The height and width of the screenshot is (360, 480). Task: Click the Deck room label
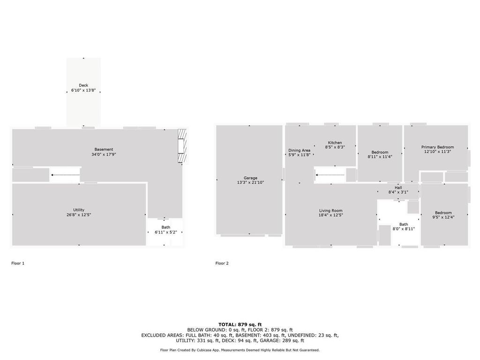tap(83, 85)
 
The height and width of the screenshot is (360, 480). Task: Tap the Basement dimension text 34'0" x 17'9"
tap(104, 155)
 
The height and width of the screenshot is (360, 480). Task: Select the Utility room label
tap(79, 210)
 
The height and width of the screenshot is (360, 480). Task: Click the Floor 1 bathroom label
tap(166, 227)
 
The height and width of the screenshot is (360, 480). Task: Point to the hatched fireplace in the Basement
tap(182, 146)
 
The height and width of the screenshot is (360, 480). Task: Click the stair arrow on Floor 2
tap(330, 175)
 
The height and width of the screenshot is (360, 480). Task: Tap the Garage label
tap(250, 178)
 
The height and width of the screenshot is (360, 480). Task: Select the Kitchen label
tap(335, 142)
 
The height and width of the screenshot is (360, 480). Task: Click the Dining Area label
tap(299, 150)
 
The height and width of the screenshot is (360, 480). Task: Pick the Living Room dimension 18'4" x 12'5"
tap(330, 215)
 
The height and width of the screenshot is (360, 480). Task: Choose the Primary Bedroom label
tap(437, 147)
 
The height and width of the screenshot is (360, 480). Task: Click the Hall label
tap(398, 187)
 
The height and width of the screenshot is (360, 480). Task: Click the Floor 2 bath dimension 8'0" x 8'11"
tap(404, 229)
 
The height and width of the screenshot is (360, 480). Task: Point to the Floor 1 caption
tap(18, 263)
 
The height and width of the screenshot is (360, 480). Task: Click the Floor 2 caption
tap(222, 263)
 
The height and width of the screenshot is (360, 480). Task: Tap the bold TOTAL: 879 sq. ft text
tap(240, 324)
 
